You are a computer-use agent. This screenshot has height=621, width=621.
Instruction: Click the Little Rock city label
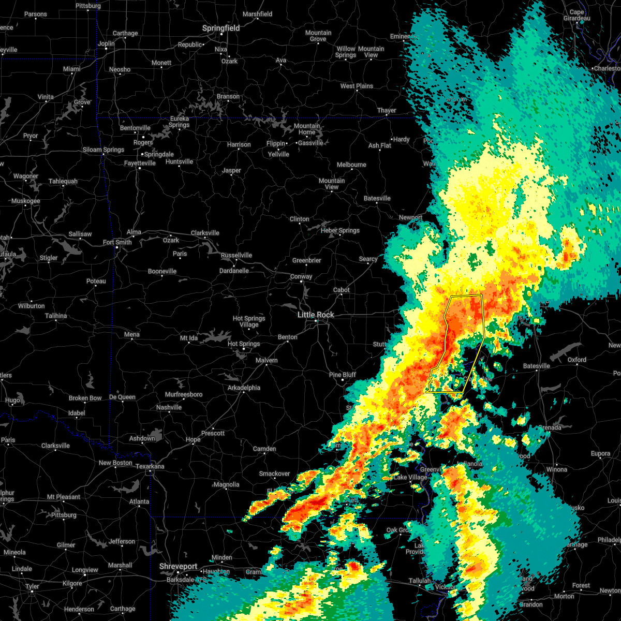click(x=316, y=315)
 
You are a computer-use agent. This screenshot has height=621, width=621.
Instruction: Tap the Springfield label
click(x=221, y=28)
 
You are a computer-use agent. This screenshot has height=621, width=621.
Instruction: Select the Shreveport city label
click(x=179, y=567)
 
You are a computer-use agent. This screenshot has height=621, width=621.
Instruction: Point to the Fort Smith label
click(x=117, y=242)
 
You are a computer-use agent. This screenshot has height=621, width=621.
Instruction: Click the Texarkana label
click(x=150, y=466)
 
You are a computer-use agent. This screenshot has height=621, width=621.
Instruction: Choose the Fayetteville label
click(x=140, y=163)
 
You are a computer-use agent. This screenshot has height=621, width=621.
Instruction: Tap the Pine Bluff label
click(x=343, y=375)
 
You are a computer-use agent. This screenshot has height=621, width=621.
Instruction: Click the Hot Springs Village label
click(x=249, y=321)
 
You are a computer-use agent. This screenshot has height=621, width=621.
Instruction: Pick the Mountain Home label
click(x=307, y=129)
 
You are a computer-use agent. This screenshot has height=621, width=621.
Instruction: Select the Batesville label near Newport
click(x=377, y=198)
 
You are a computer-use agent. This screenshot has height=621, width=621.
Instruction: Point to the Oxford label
click(x=577, y=360)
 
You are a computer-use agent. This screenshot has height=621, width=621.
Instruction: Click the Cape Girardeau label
click(x=576, y=15)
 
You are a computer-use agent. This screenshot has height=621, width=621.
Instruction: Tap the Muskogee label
click(x=25, y=201)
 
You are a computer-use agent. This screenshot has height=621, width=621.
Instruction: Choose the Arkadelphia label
click(x=244, y=388)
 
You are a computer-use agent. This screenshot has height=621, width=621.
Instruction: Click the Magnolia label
click(x=227, y=484)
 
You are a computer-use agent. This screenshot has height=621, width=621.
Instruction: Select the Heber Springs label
click(x=340, y=230)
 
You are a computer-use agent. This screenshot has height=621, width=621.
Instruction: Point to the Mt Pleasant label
click(x=64, y=497)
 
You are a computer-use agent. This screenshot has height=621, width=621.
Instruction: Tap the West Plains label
click(x=357, y=86)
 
